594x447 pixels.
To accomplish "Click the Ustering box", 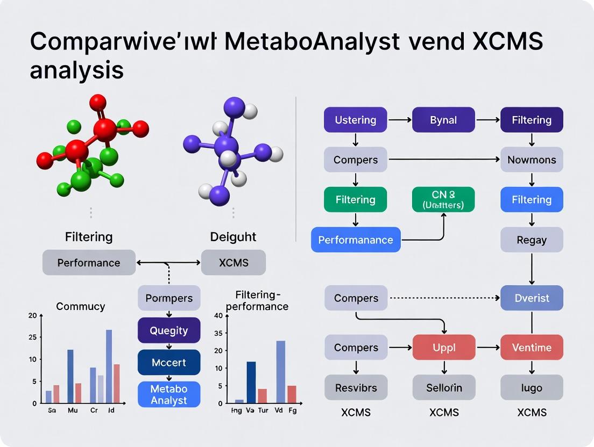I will point(355,120).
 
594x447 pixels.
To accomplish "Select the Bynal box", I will point(443,120).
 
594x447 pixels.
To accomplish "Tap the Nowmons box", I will point(532,160).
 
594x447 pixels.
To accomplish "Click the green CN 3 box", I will point(443,199).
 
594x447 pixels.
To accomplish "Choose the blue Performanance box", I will point(356,240).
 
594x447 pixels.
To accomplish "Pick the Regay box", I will point(532,240).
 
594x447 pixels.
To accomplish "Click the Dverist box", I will point(532,298).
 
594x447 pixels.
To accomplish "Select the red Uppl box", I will point(444,348).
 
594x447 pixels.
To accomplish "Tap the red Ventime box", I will point(532,348).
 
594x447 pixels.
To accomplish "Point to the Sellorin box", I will point(444,387).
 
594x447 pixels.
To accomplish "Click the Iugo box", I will point(532,387).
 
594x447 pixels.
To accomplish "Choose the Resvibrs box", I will point(356,387).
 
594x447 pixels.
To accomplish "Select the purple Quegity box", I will point(169,330).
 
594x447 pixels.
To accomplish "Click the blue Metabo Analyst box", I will point(169,394).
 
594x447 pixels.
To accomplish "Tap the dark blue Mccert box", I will point(169,363).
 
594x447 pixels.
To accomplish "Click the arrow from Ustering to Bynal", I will point(399,120).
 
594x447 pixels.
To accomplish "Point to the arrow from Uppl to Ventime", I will point(488,348).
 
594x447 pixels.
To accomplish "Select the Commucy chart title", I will point(81,306).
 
